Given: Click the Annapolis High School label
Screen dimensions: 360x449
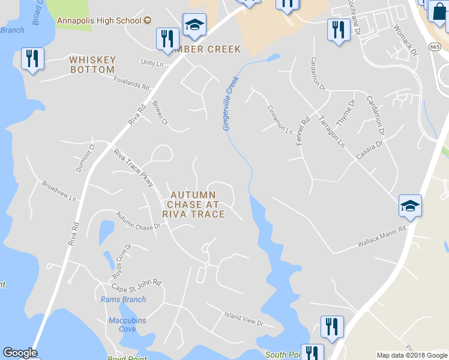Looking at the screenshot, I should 100,20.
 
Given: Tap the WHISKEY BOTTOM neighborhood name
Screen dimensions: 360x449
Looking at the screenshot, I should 92,65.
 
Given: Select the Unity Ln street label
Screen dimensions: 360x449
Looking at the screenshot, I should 152,63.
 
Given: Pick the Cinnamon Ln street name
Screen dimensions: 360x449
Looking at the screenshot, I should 280,119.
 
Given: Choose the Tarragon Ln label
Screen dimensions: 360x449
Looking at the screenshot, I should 331,131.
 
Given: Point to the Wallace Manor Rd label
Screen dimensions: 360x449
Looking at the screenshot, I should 382,236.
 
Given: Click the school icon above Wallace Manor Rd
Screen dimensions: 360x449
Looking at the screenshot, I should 411,206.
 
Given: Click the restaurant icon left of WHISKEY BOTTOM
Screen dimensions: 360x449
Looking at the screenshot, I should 32,59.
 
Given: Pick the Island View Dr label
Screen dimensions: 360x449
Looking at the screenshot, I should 244,318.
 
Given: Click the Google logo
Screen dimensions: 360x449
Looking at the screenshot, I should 20,353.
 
